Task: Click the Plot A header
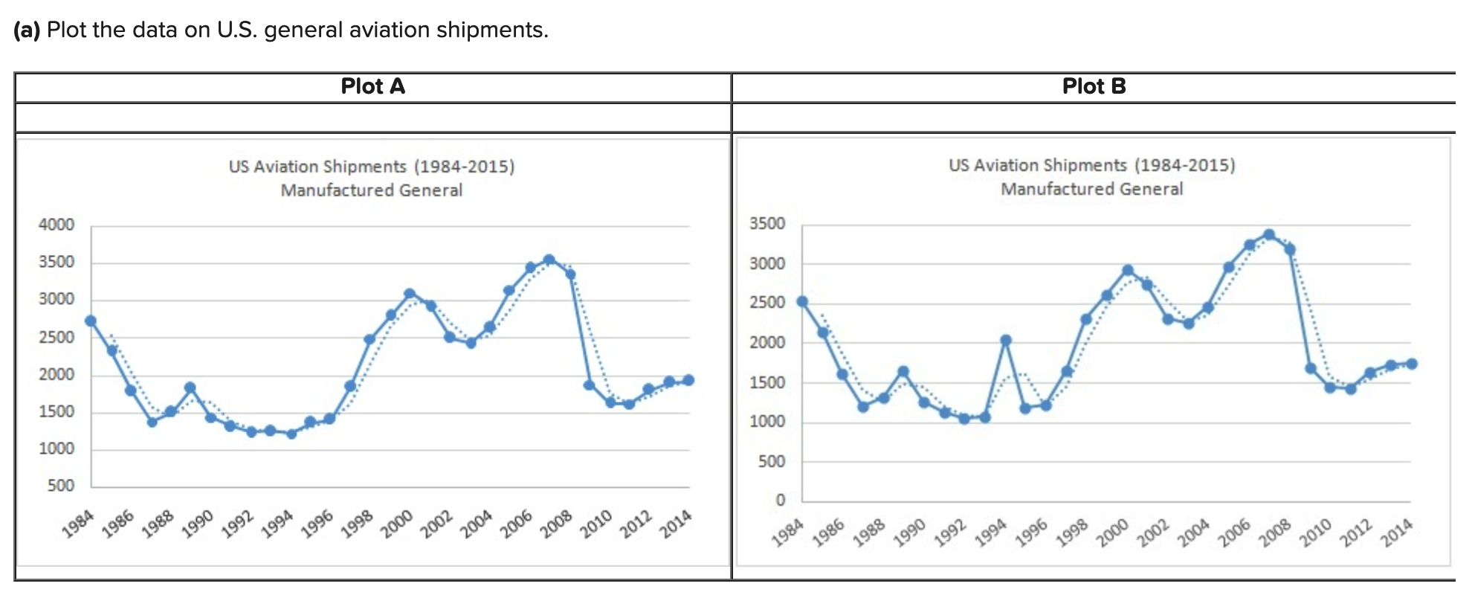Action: tap(372, 86)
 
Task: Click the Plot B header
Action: tap(1094, 86)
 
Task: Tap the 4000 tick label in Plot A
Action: tap(57, 225)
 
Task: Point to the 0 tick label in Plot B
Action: tap(780, 500)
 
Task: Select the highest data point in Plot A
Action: tap(549, 260)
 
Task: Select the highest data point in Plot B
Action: tap(1269, 235)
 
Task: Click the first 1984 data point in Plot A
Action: tap(91, 321)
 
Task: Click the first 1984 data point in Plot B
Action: tap(802, 301)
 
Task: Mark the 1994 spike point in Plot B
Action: tap(1006, 340)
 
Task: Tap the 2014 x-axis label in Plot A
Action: tap(676, 524)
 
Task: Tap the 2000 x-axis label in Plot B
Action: tap(1112, 533)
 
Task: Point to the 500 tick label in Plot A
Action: tap(60, 486)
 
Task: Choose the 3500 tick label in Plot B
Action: tap(767, 224)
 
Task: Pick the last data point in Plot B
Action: tap(1412, 364)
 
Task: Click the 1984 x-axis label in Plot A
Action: tap(78, 524)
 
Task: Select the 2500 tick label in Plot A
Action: tap(57, 337)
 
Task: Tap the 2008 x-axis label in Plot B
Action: tap(1275, 533)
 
